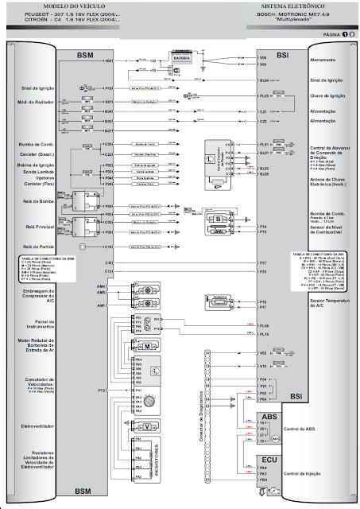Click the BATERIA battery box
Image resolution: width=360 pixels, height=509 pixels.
click(180, 57)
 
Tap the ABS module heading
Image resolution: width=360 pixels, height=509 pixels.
click(269, 416)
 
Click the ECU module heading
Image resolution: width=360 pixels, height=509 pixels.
click(269, 460)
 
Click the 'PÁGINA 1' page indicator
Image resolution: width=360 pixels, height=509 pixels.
click(333, 36)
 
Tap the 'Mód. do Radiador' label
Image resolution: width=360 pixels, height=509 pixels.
click(35, 103)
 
